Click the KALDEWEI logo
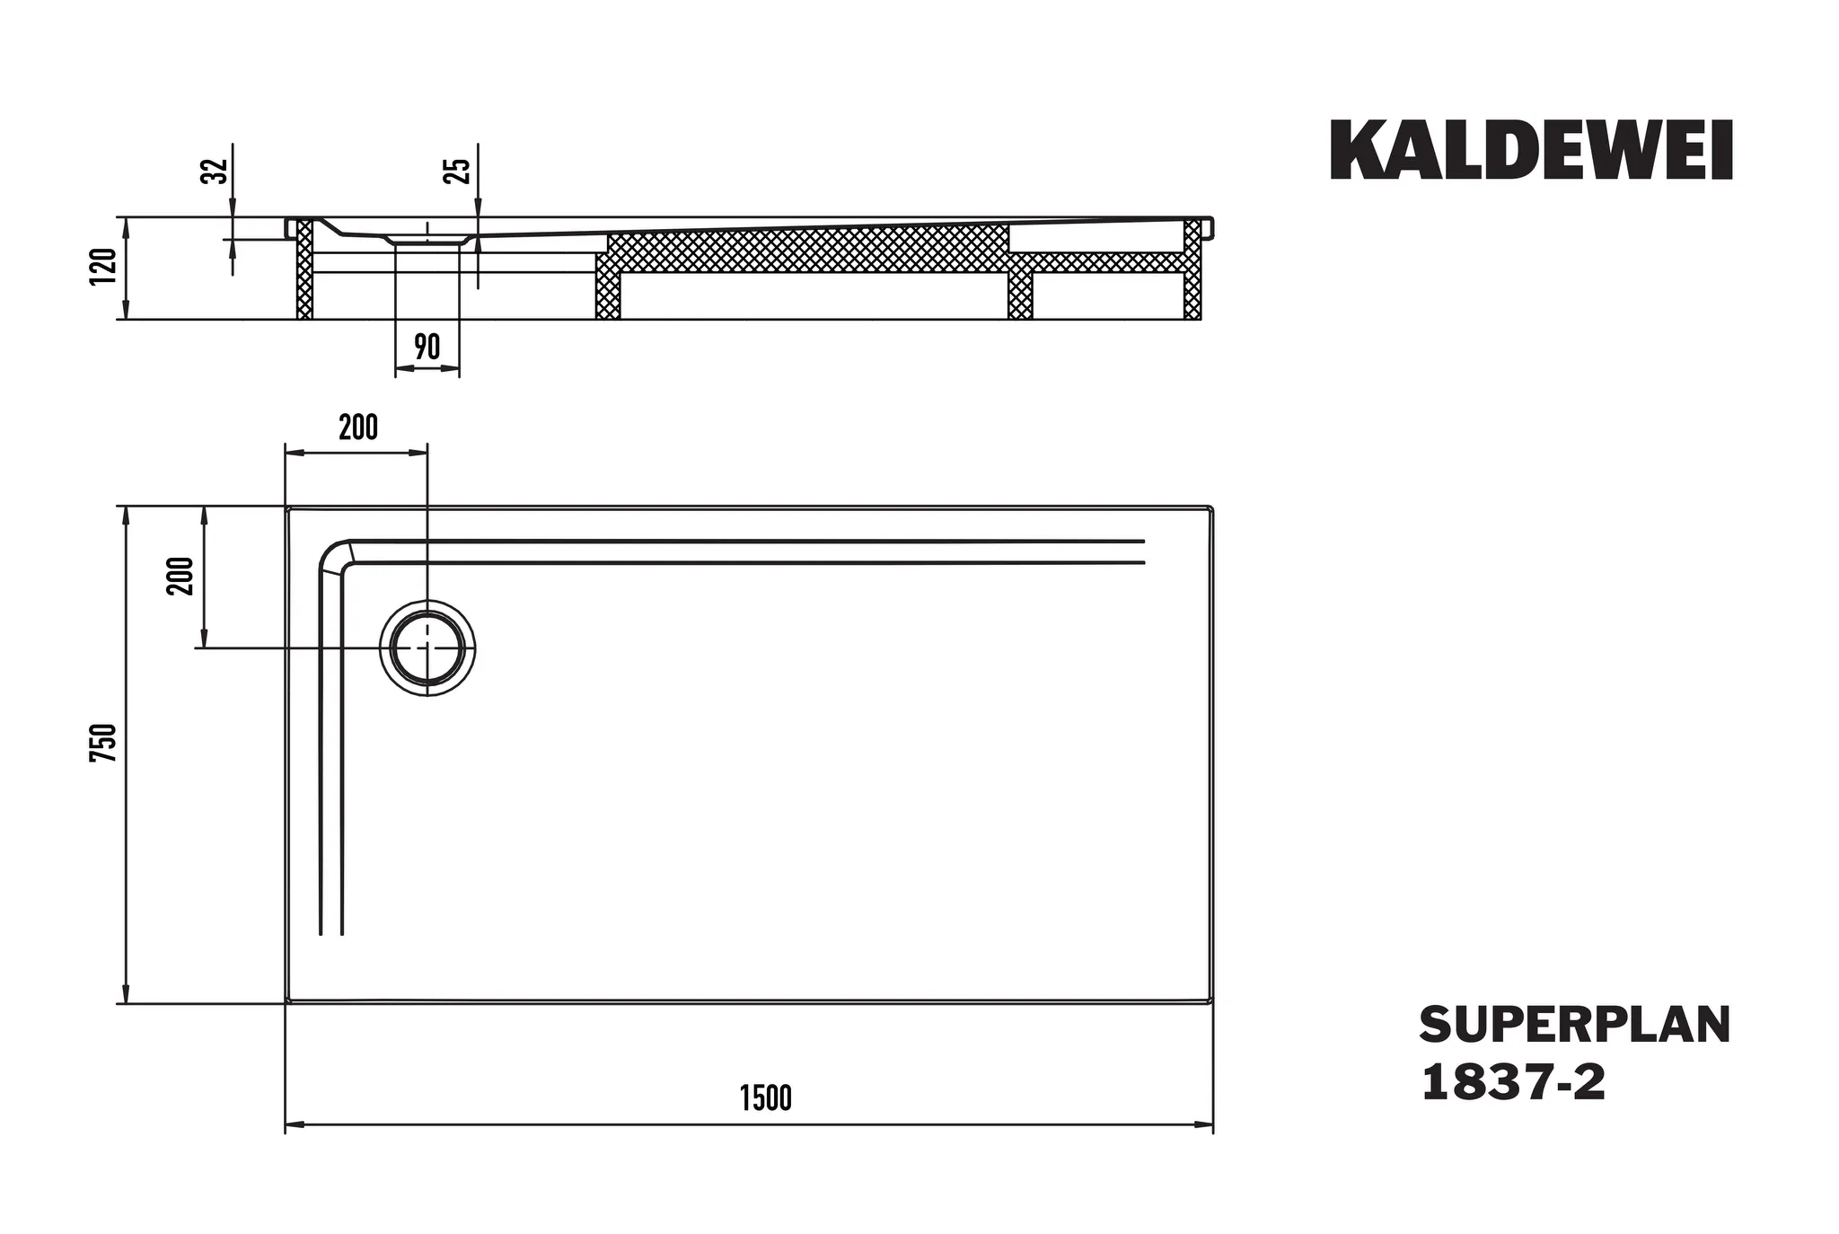click(x=1531, y=151)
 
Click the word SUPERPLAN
click(x=1574, y=1025)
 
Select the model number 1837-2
click(x=1513, y=1083)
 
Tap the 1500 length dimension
click(x=766, y=1097)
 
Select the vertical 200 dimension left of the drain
click(x=180, y=576)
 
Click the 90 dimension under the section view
click(x=427, y=347)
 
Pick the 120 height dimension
click(x=104, y=267)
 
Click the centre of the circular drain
click(x=427, y=648)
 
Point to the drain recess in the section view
click(x=427, y=239)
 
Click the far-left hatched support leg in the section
click(x=305, y=269)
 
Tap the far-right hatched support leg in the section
click(x=1192, y=269)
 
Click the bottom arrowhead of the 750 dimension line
click(x=127, y=996)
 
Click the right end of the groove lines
click(x=1143, y=552)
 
